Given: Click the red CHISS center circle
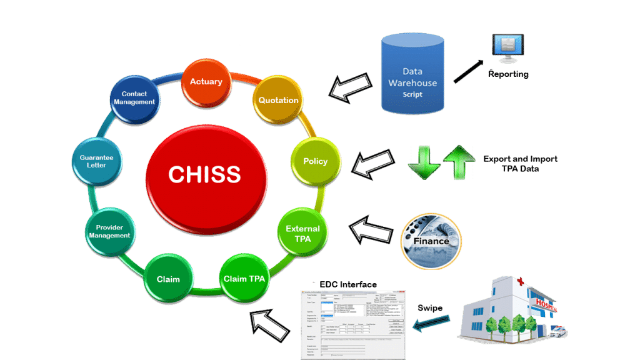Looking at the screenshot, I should (x=204, y=173).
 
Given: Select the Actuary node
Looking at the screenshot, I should (x=206, y=82).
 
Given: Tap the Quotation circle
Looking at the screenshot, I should (x=279, y=100).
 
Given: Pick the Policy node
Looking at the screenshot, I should (x=315, y=161).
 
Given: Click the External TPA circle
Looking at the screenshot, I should (x=302, y=232).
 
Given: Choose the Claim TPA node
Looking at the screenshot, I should (x=245, y=279).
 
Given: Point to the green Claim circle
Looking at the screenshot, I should (x=167, y=279).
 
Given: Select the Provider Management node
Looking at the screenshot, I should (x=109, y=231).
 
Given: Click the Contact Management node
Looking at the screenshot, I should (x=134, y=99).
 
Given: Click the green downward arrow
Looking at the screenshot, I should (x=424, y=161).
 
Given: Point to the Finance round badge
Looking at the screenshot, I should (x=431, y=240).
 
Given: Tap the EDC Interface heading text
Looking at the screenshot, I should (x=348, y=285).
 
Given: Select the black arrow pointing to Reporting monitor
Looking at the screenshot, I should (x=468, y=71).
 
